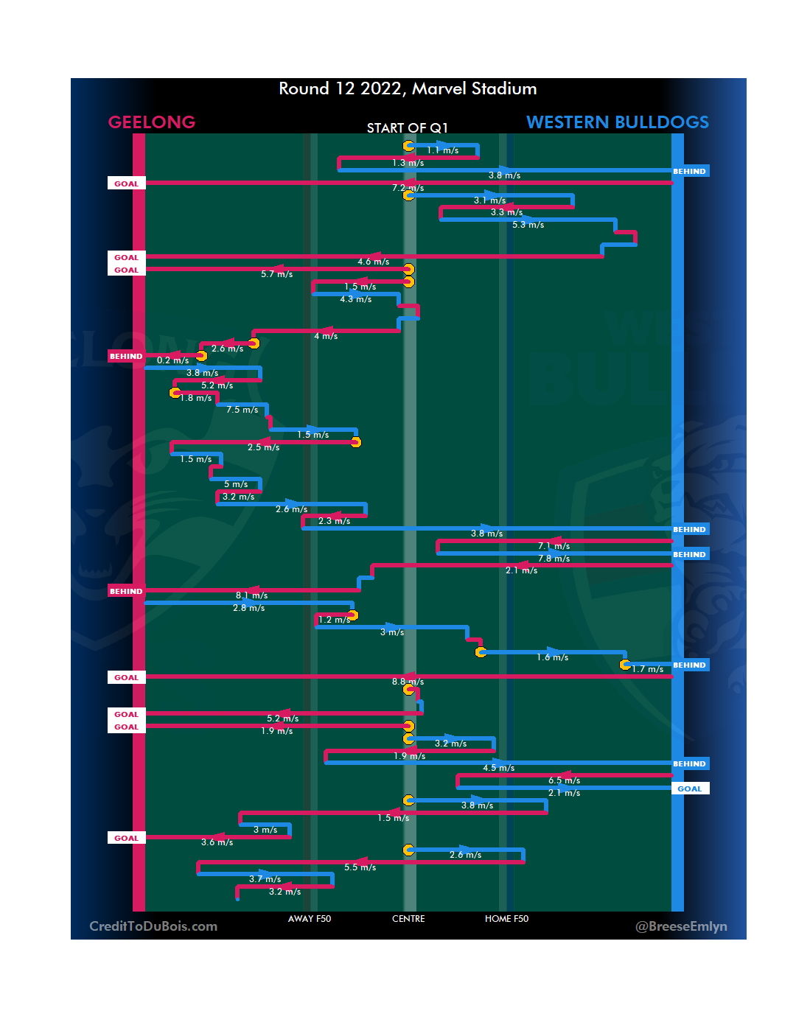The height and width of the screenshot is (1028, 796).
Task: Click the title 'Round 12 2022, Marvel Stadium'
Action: pyautogui.click(x=408, y=89)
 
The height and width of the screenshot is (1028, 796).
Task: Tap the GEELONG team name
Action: pyautogui.click(x=152, y=122)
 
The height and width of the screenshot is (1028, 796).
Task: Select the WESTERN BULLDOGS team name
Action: pyautogui.click(x=617, y=122)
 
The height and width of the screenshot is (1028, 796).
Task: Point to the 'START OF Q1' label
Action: pyautogui.click(x=408, y=128)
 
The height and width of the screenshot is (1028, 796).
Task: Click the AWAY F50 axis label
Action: pyautogui.click(x=310, y=919)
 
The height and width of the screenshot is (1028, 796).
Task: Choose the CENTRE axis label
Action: pyautogui.click(x=408, y=919)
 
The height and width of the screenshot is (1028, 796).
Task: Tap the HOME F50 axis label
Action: pyautogui.click(x=506, y=919)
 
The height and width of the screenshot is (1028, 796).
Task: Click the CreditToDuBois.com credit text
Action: pyautogui.click(x=153, y=926)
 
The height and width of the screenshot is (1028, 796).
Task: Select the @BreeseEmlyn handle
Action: pyautogui.click(x=681, y=926)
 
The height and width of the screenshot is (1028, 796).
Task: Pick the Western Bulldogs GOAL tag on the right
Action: pyautogui.click(x=690, y=789)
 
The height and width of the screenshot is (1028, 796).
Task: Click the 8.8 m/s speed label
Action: pyautogui.click(x=408, y=682)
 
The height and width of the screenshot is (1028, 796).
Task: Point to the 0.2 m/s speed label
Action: pyautogui.click(x=172, y=360)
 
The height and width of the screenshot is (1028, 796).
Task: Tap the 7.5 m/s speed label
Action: pyautogui.click(x=242, y=410)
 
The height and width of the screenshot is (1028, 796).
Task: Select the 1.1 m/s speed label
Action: pyautogui.click(x=442, y=150)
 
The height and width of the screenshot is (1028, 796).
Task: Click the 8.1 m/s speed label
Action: pyautogui.click(x=251, y=595)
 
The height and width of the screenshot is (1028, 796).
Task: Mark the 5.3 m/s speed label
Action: pyautogui.click(x=528, y=225)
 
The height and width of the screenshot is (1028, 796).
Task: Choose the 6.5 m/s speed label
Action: pyautogui.click(x=564, y=780)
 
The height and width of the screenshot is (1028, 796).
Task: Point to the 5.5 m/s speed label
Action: pyautogui.click(x=360, y=867)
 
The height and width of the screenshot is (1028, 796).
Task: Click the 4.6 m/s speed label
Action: pyautogui.click(x=373, y=262)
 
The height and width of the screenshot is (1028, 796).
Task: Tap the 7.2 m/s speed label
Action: pyautogui.click(x=408, y=188)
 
